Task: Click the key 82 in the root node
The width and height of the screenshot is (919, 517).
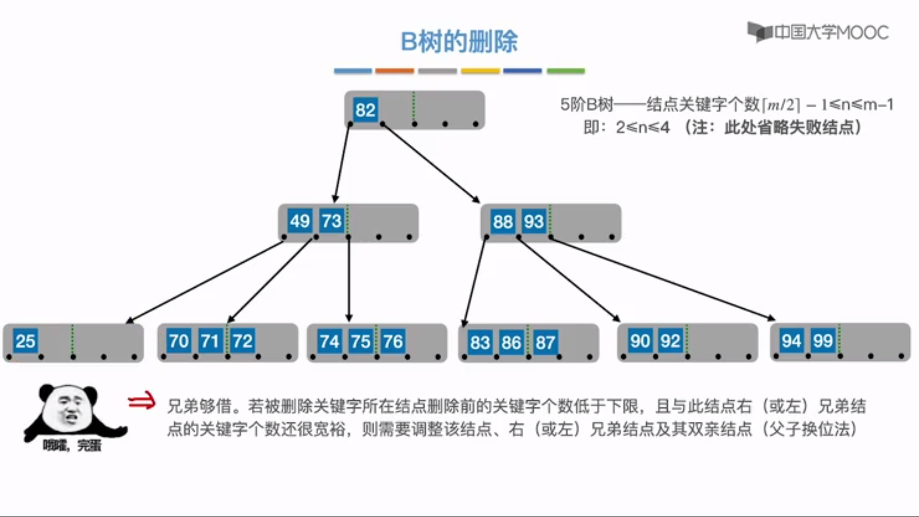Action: coord(365,110)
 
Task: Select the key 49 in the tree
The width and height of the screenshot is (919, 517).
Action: coord(300,221)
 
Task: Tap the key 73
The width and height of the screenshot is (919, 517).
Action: coord(332,221)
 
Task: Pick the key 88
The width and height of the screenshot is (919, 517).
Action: coord(503,222)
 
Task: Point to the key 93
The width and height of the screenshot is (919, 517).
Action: coord(534,222)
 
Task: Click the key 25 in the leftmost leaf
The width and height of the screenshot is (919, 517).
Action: coord(25,341)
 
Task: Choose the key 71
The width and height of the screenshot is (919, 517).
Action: coord(210,341)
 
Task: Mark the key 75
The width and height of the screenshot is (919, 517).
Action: coord(360,341)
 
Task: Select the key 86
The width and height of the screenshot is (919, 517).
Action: coord(511,342)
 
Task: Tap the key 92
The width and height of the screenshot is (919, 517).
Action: coord(670,341)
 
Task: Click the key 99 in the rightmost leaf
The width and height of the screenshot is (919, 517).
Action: coord(823,340)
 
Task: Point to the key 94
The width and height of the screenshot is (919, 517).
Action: coord(791,340)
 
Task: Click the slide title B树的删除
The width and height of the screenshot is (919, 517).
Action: coord(459,42)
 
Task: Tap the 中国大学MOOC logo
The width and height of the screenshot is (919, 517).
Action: coord(818,33)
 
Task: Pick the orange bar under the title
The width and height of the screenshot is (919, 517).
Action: coord(394,71)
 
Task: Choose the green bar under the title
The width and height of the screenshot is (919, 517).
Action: coord(566,71)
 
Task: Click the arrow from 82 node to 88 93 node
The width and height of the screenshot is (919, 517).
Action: coord(431,163)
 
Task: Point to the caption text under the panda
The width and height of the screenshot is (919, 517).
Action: coord(72,446)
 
